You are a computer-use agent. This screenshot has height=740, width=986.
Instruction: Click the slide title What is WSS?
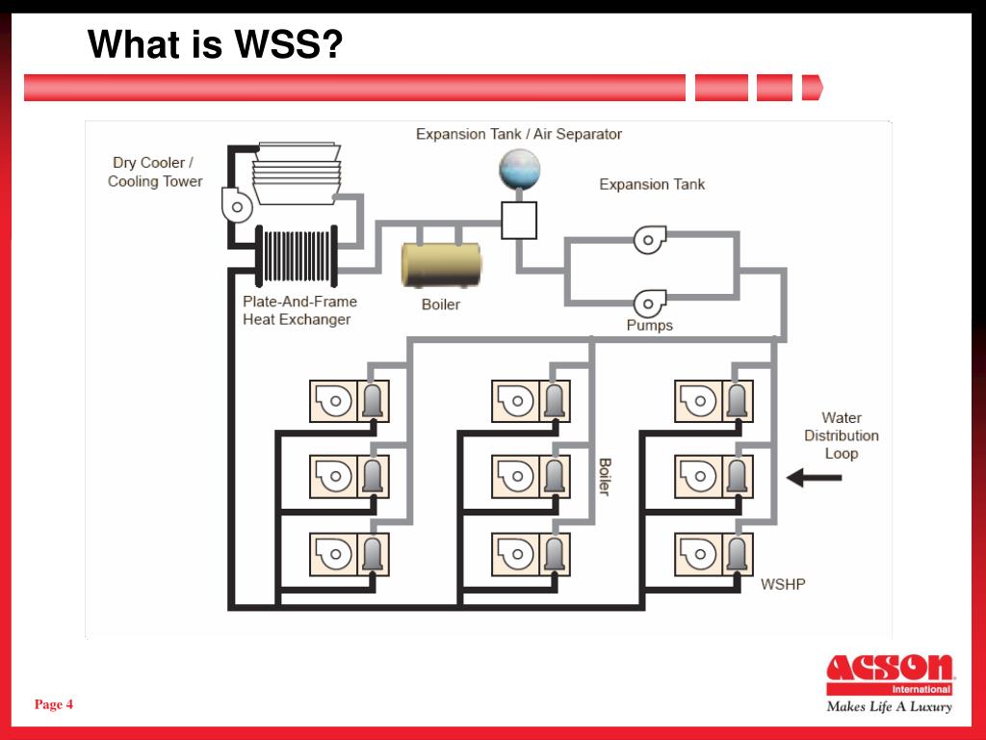tap(215, 44)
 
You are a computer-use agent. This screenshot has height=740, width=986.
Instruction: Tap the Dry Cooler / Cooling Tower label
tap(155, 172)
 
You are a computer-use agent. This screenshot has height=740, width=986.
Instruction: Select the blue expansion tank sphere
tap(519, 169)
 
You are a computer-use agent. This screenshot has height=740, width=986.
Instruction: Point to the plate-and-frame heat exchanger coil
tap(297, 256)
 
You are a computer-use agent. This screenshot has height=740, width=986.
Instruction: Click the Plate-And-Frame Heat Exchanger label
tap(300, 310)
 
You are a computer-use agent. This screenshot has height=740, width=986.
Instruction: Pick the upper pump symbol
tap(650, 240)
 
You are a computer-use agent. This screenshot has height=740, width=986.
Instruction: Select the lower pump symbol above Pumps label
tap(650, 304)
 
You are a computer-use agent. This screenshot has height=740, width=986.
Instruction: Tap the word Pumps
tap(650, 326)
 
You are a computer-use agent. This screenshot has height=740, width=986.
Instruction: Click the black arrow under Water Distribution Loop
tap(815, 478)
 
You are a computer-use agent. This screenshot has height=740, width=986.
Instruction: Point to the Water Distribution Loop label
tap(842, 436)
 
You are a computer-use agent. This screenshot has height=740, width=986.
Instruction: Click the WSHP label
tap(783, 585)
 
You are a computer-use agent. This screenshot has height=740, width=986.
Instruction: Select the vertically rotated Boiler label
tap(605, 476)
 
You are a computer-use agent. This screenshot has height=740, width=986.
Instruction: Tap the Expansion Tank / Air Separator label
tap(519, 134)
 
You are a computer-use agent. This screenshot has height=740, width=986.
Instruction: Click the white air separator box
tap(519, 221)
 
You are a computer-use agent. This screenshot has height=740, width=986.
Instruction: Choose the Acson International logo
tap(890, 674)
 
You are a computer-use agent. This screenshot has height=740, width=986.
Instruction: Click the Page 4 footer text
tap(54, 704)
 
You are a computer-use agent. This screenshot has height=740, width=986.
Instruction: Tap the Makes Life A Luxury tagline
tap(889, 706)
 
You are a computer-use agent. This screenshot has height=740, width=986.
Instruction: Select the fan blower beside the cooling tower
tap(237, 205)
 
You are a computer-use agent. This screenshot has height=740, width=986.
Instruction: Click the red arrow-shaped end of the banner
tap(813, 88)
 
